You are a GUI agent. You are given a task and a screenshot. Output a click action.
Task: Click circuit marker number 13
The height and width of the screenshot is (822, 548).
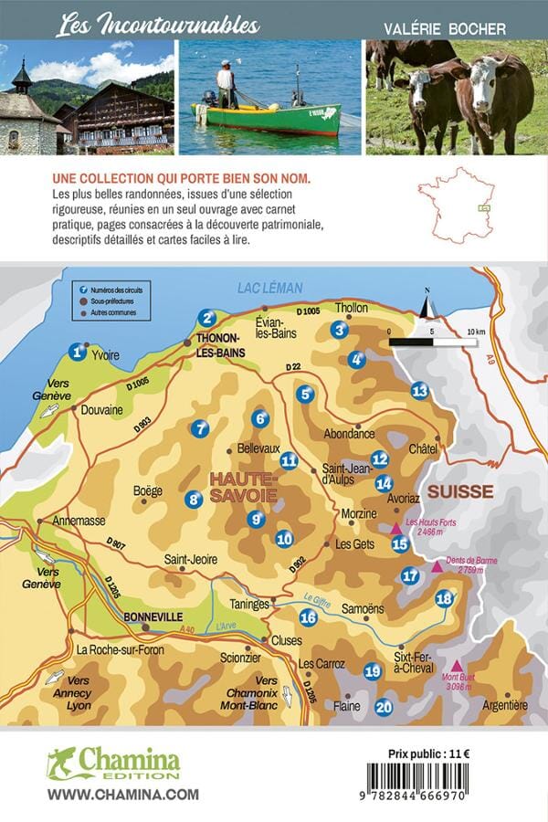[x=419, y=391]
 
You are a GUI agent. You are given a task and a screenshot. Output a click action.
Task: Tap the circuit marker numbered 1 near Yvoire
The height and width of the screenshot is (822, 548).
[x=78, y=351]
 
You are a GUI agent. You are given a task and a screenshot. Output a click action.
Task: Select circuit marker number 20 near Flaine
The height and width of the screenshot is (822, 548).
[x=384, y=705]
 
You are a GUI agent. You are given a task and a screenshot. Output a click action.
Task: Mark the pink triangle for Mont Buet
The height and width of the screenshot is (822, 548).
[x=457, y=666]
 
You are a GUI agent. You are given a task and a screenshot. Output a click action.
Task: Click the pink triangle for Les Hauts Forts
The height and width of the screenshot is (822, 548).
[x=395, y=529]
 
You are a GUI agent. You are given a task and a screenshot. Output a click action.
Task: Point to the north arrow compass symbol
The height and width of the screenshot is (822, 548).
[x=426, y=305]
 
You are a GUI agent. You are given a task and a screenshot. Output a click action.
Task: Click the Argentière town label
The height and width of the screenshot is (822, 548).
[x=504, y=704]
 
